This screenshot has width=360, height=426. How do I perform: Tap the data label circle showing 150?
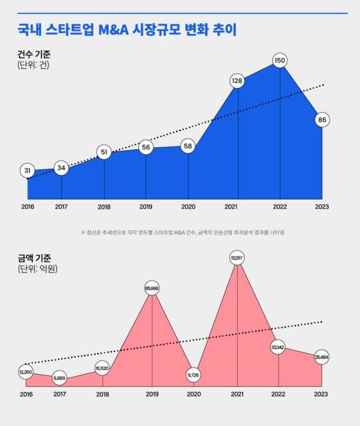[279, 60]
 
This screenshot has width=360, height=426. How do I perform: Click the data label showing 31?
[28, 171]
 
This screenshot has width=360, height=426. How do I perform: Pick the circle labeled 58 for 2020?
[188, 146]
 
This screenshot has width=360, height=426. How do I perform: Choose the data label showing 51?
[104, 152]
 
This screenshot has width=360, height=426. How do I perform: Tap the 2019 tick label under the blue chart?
[146, 207]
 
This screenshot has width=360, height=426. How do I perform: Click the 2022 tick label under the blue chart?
[280, 207]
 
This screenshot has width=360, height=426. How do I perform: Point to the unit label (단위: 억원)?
[38, 269]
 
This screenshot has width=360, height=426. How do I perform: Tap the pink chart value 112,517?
[238, 258]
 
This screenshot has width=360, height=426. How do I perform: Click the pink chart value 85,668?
[152, 287]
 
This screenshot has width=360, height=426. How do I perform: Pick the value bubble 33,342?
[278, 348]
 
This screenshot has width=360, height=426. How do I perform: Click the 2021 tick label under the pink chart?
[238, 394]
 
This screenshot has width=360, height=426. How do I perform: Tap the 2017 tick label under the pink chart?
[60, 394]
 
